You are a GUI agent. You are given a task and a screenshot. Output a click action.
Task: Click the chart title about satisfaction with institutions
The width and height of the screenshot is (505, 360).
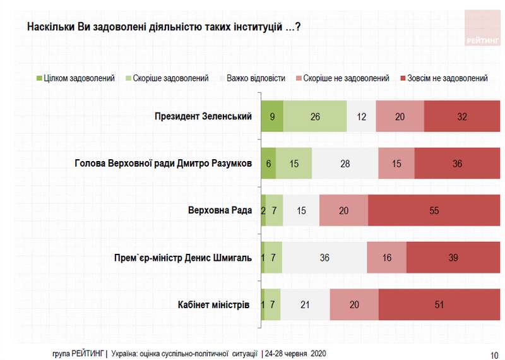pyautogui.click(x=163, y=28)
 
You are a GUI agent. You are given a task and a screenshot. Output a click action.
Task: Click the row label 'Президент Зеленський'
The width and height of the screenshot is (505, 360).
pyautogui.click(x=203, y=116)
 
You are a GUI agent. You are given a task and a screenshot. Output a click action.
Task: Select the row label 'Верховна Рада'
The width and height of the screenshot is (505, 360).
pyautogui.click(x=220, y=210)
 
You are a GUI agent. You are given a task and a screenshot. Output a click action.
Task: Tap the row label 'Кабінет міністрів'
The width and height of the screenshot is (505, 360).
pyautogui.click(x=215, y=304)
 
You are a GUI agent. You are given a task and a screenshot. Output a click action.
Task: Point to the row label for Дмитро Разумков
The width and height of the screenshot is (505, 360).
pyautogui.click(x=163, y=164)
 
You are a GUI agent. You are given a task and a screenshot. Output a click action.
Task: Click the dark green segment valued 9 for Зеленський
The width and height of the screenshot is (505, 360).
pyautogui.click(x=271, y=116)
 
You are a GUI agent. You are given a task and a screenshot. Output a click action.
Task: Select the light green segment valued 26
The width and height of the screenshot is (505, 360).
pyautogui.click(x=315, y=116)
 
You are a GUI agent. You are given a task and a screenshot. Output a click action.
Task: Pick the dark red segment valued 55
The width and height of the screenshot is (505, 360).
pyautogui.click(x=434, y=210)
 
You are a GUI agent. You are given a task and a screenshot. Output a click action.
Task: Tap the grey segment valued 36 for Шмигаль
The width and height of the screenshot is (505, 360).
pyautogui.click(x=324, y=258)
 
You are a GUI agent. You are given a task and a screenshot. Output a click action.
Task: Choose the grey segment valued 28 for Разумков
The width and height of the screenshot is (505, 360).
pyautogui.click(x=345, y=164)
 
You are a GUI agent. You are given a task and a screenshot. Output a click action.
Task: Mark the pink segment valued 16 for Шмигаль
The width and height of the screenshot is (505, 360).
pyautogui.click(x=386, y=258)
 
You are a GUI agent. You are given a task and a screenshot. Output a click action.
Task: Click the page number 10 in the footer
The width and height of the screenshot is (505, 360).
pyautogui.click(x=493, y=354)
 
